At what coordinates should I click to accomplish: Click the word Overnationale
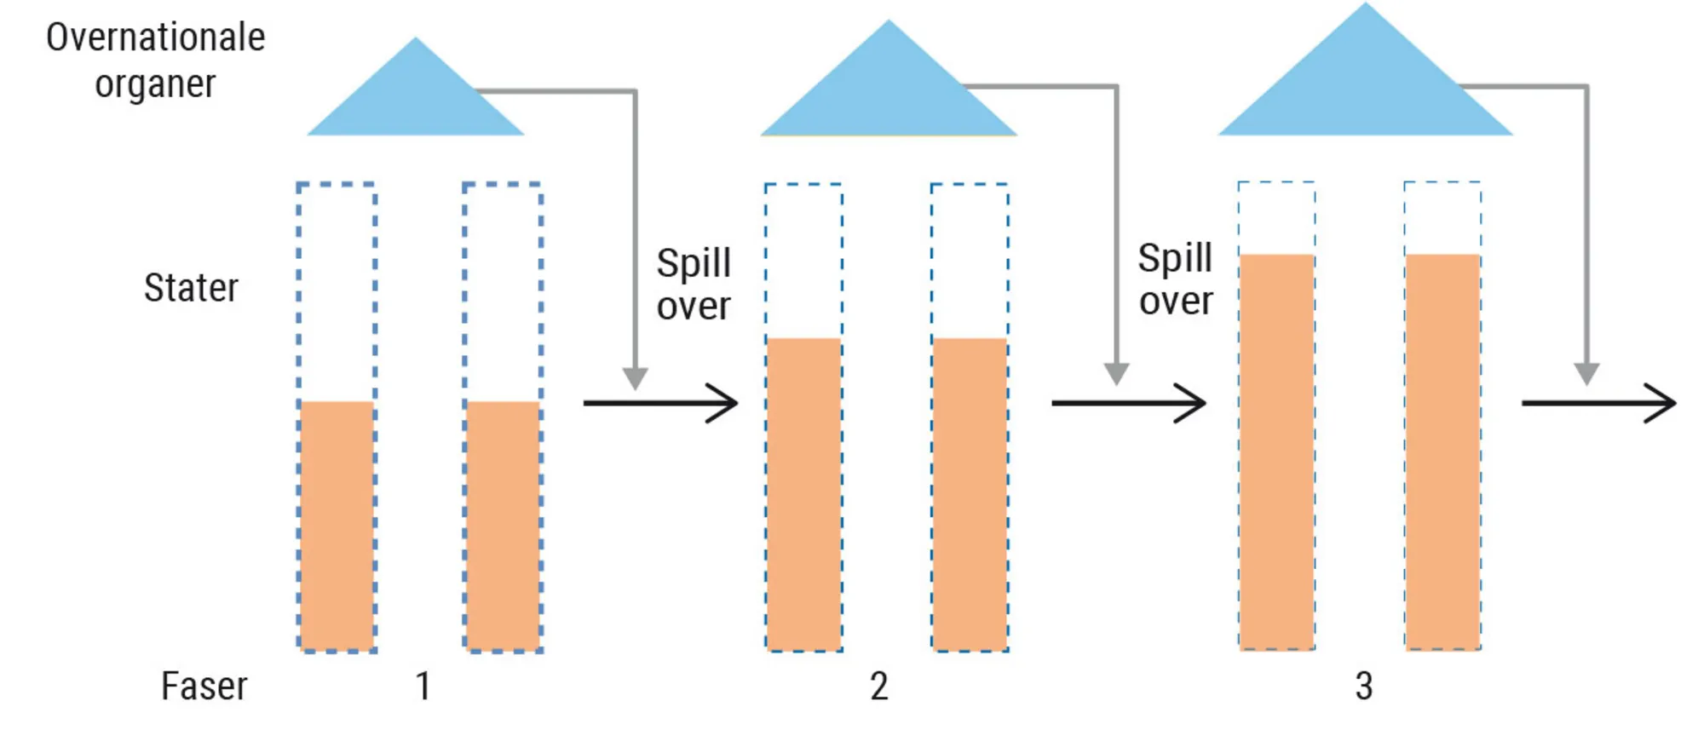point(155,38)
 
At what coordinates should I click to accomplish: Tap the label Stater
point(191,288)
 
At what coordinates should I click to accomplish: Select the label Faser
point(204,687)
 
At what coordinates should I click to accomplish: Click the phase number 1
point(423,687)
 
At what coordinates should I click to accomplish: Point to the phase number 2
point(879,687)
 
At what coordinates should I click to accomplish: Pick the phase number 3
point(1363,687)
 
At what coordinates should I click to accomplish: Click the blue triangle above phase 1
point(416,98)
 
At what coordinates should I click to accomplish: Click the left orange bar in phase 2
point(803,494)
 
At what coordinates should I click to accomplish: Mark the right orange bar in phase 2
point(970,494)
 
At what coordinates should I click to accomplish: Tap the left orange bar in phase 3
point(1276,451)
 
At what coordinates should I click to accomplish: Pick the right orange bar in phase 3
point(1442,451)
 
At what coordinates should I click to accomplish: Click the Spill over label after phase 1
point(694,285)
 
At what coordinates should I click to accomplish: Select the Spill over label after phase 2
point(1175,279)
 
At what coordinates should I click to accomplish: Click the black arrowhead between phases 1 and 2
point(724,403)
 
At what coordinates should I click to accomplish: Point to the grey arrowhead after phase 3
point(1586,373)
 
